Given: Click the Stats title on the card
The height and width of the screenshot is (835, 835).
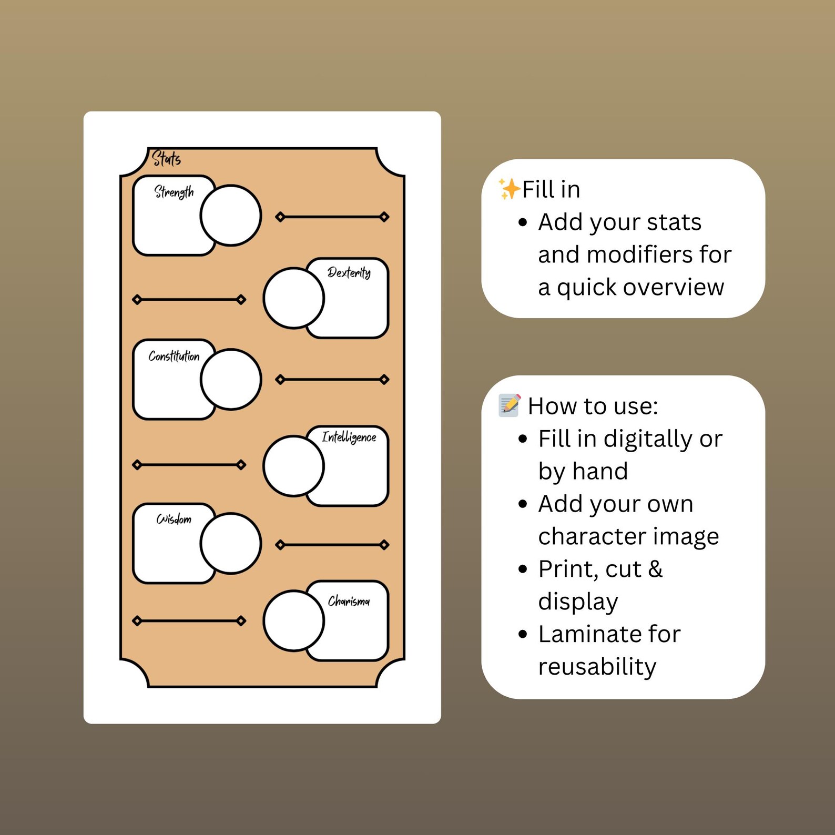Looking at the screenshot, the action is [166, 158].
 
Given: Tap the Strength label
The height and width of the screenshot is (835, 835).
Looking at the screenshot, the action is [174, 192].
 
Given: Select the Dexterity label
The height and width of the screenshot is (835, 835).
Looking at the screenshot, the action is [349, 272].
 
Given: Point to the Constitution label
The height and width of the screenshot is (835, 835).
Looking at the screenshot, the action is [174, 356].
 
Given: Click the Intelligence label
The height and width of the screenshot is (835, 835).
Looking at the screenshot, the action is [349, 437].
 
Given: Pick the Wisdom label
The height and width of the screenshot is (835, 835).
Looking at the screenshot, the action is [174, 520].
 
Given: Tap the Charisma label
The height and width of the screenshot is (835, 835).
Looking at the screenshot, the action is [349, 601].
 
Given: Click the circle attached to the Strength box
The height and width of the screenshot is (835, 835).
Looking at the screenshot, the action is [231, 215].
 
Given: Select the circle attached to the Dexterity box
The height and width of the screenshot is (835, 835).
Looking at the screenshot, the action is [294, 298].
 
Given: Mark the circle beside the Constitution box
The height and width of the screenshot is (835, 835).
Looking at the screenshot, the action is [231, 379].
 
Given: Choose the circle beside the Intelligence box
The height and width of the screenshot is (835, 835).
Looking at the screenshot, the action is [294, 466].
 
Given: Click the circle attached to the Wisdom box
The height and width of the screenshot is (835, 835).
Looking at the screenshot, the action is [231, 543].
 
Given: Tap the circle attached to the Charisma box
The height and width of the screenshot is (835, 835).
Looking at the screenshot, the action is [294, 621].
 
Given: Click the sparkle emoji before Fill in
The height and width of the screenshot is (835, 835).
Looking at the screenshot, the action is [509, 188].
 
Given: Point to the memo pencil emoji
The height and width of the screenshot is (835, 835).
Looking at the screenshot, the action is [510, 405].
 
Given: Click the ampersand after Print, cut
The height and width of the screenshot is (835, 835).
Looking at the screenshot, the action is [655, 569].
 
